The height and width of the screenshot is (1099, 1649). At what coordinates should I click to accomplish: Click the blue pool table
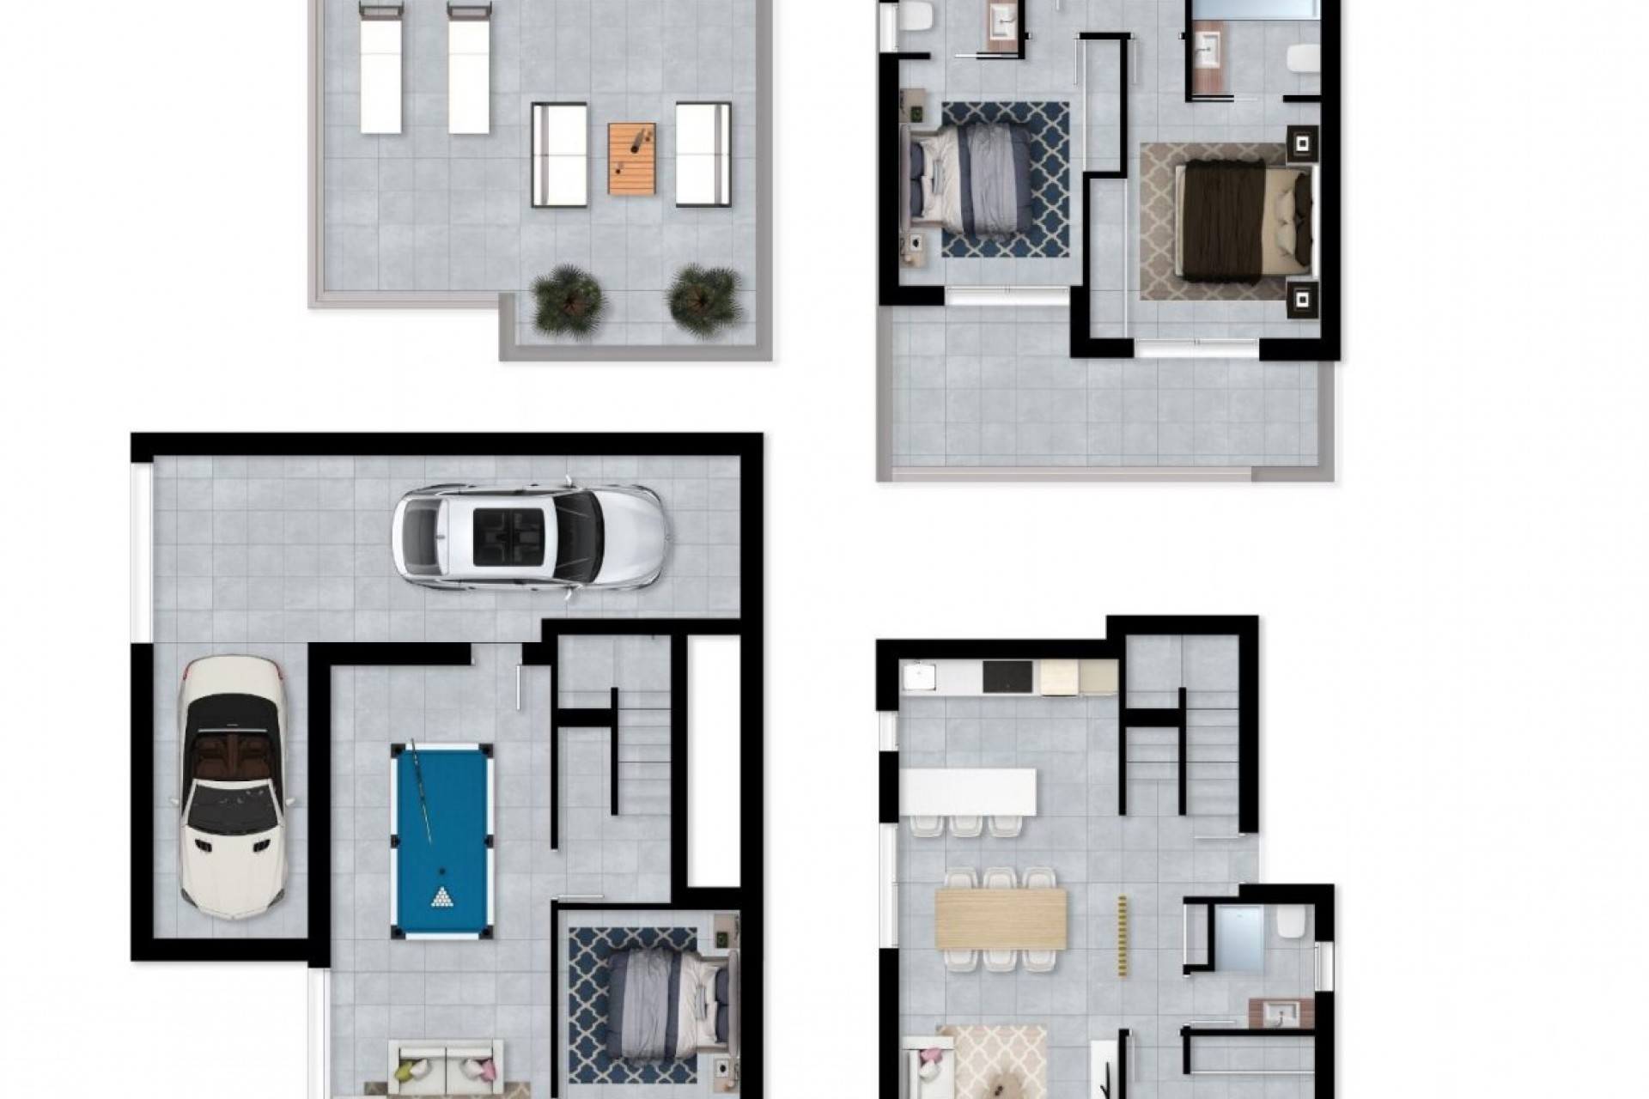pyautogui.click(x=441, y=841)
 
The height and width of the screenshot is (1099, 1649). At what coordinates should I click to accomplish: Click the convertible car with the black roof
pyautogui.click(x=231, y=786)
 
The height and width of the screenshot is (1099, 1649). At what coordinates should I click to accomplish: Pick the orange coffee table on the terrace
pyautogui.click(x=631, y=158)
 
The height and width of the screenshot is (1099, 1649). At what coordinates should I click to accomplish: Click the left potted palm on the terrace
pyautogui.click(x=568, y=301)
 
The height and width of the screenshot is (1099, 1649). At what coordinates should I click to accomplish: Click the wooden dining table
pyautogui.click(x=1001, y=918)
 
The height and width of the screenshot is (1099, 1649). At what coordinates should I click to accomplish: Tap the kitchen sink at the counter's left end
pyautogui.click(x=919, y=677)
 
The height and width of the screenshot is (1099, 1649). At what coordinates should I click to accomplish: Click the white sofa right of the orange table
pyautogui.click(x=703, y=155)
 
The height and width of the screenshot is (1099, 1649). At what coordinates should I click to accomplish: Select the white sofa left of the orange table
pyautogui.click(x=559, y=155)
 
